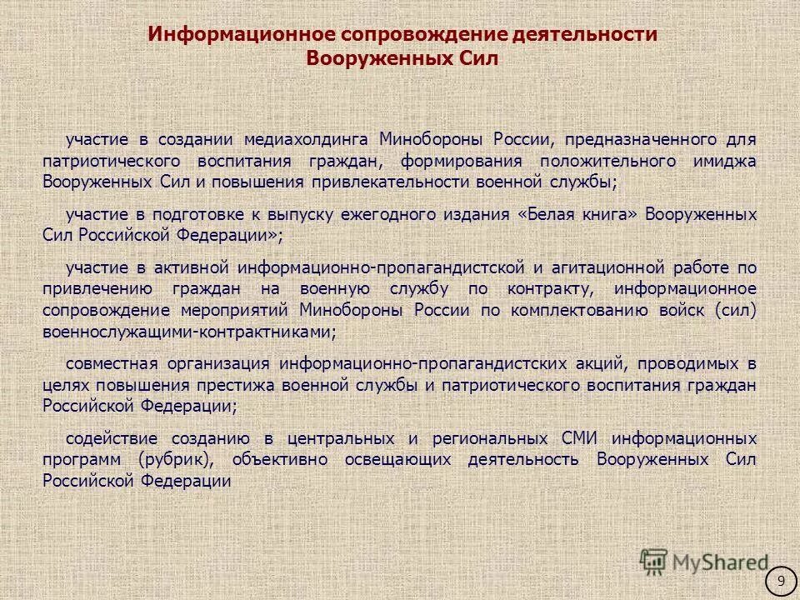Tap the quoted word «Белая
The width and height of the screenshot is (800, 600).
tap(543, 214)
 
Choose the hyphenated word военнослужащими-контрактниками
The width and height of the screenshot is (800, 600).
tap(189, 332)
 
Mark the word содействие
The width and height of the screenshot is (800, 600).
tap(109, 438)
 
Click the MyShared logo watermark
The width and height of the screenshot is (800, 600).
tap(704, 562)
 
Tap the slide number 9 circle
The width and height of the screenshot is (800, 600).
tap(781, 581)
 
